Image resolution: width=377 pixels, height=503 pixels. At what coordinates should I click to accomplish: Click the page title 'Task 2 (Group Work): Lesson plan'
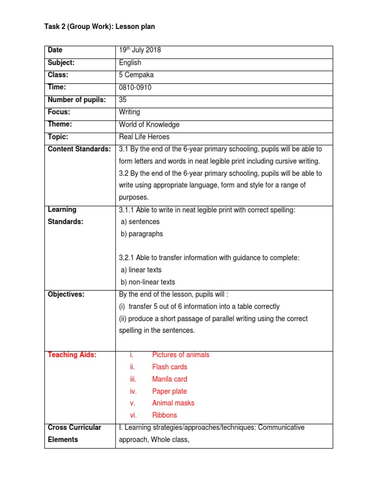pyautogui.click(x=100, y=27)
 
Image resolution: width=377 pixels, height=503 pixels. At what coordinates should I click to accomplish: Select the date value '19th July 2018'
pyautogui.click(x=140, y=50)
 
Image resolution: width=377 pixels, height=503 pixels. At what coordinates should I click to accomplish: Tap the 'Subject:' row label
pyautogui.click(x=61, y=62)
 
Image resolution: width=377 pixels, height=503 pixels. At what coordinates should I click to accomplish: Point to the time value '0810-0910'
pyautogui.click(x=135, y=87)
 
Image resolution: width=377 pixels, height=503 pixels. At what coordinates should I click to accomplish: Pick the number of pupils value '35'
pyautogui.click(x=123, y=100)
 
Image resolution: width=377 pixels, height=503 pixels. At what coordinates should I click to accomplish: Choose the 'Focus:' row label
pyautogui.click(x=59, y=112)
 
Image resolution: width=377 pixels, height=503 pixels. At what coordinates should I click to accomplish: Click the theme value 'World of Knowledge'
pyautogui.click(x=149, y=125)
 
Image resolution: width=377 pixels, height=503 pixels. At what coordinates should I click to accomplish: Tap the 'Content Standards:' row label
pyautogui.click(x=79, y=149)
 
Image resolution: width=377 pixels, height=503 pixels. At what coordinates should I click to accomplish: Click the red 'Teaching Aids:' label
pyautogui.click(x=72, y=355)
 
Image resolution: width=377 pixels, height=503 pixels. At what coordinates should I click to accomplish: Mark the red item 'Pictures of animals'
pyautogui.click(x=181, y=355)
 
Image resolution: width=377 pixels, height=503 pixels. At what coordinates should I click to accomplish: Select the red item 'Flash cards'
pyautogui.click(x=169, y=367)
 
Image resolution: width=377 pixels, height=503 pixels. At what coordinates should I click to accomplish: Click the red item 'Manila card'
pyautogui.click(x=169, y=379)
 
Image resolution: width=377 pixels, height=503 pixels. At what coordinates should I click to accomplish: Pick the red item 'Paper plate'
pyautogui.click(x=169, y=391)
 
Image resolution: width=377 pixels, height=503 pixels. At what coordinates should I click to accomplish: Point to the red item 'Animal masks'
pyautogui.click(x=173, y=403)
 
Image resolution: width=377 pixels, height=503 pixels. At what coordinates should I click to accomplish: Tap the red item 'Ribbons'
pyautogui.click(x=164, y=415)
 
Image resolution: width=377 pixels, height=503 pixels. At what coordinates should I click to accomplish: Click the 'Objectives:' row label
pyautogui.click(x=66, y=294)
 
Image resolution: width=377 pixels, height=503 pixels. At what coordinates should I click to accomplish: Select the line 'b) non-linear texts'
pyautogui.click(x=148, y=282)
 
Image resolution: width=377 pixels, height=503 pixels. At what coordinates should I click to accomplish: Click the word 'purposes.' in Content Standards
pyautogui.click(x=134, y=197)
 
